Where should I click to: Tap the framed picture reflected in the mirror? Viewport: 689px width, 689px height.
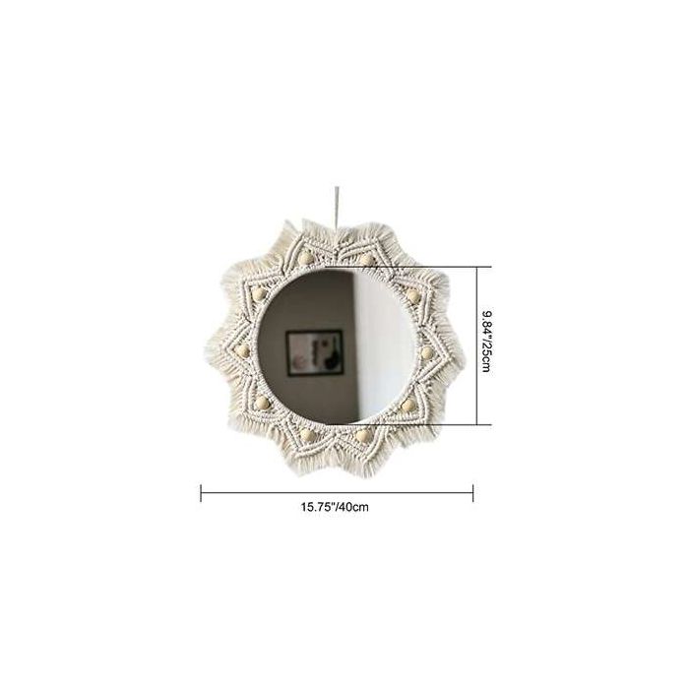click(313, 354)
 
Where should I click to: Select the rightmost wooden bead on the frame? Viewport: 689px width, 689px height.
click(427, 349)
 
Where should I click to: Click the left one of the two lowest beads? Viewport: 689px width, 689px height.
click(308, 434)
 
